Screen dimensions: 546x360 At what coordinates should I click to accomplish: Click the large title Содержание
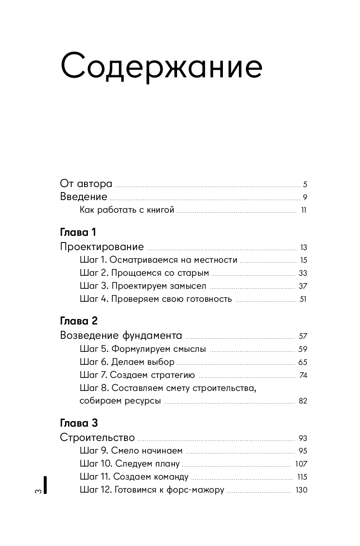click(161, 66)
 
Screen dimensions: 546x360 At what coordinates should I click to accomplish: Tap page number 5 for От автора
click(305, 184)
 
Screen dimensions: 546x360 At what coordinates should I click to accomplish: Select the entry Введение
click(84, 197)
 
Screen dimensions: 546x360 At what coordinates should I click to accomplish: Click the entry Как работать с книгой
click(127, 210)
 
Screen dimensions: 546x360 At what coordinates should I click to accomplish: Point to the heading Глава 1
click(79, 232)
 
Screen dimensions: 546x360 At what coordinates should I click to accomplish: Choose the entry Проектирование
click(102, 247)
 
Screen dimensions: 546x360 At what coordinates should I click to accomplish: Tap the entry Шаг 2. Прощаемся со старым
click(144, 273)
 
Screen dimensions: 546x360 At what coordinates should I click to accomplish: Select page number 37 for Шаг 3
click(303, 286)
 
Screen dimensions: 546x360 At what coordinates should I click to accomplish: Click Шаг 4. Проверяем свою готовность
click(156, 299)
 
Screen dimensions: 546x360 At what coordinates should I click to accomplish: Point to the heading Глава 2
click(79, 321)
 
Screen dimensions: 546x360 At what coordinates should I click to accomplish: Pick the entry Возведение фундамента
click(121, 335)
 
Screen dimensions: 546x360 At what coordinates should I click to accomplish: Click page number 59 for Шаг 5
click(303, 349)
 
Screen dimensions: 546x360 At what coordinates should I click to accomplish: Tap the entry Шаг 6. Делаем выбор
click(127, 362)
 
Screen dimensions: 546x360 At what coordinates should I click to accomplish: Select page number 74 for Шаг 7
click(303, 375)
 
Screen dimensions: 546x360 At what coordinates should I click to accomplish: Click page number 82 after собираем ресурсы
click(303, 401)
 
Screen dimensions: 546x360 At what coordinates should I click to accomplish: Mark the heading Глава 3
click(79, 423)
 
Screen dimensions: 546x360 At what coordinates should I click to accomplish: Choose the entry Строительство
click(97, 438)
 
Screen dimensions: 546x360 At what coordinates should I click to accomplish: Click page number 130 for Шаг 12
click(301, 490)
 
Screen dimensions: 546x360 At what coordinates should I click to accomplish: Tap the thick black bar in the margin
click(45, 485)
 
